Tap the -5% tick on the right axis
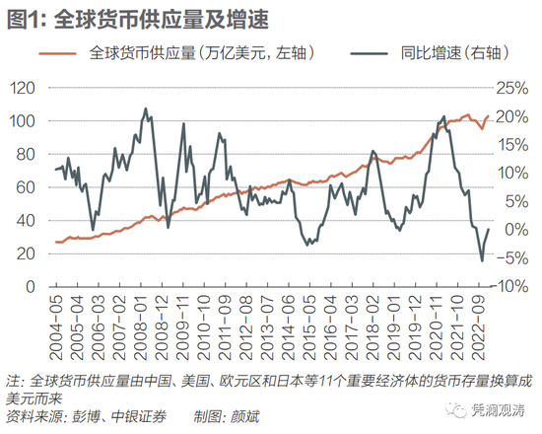(x=513, y=258)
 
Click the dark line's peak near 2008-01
(x=146, y=108)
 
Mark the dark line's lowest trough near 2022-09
(x=482, y=260)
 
